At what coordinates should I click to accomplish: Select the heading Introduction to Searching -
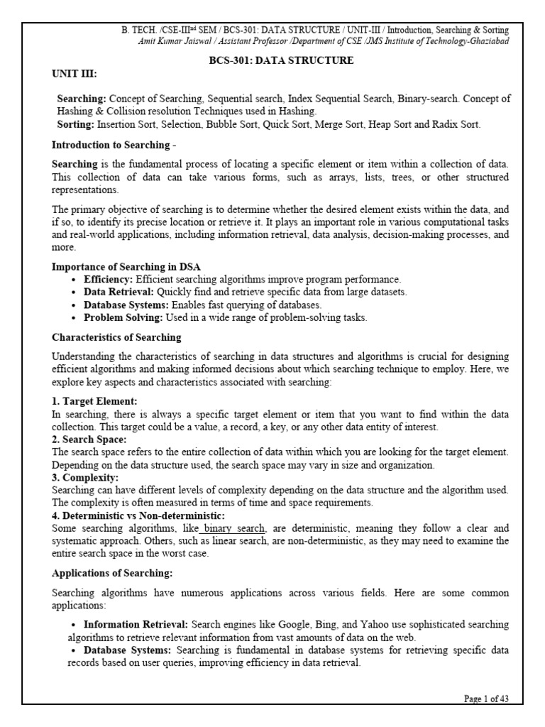pyautogui.click(x=114, y=145)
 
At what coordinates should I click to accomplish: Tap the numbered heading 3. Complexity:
pyautogui.click(x=86, y=477)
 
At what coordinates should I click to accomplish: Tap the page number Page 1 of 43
pyautogui.click(x=486, y=699)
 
